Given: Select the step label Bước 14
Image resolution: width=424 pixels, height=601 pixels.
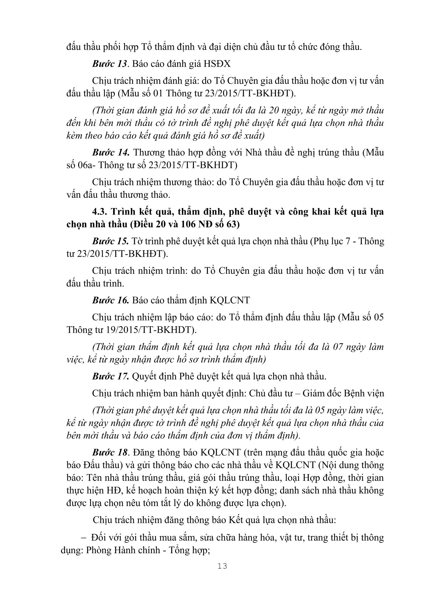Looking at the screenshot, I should pyautogui.click(x=110, y=152).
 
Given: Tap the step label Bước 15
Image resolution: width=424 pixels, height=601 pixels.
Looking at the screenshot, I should pyautogui.click(x=110, y=241).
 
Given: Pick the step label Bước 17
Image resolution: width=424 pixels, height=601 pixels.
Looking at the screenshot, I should pyautogui.click(x=110, y=377).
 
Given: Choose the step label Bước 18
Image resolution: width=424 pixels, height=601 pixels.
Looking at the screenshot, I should pyautogui.click(x=109, y=453).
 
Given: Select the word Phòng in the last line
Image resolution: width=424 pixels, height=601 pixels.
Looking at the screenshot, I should pyautogui.click(x=99, y=550).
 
